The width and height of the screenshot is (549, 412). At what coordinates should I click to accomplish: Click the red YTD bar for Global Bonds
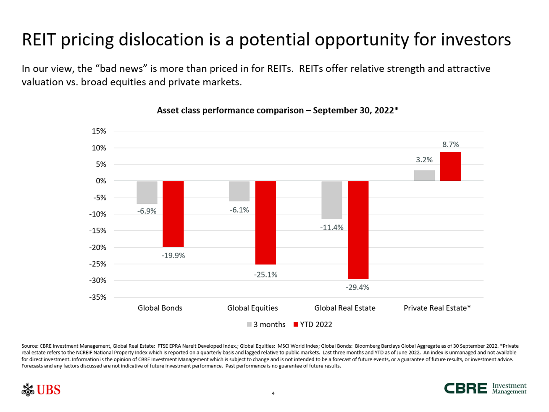click(173, 214)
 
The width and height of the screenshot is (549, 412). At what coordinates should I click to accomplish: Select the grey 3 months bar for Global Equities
click(239, 191)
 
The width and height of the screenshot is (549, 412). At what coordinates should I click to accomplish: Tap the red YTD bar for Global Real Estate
click(358, 230)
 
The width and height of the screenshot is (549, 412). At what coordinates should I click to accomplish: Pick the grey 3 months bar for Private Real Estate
click(424, 176)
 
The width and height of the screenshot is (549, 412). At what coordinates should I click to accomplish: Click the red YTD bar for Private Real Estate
click(450, 166)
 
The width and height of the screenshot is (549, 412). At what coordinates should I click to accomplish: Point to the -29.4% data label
click(357, 288)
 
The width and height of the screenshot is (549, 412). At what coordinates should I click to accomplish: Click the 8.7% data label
click(450, 145)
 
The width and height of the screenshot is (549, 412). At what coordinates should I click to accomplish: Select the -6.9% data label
click(147, 211)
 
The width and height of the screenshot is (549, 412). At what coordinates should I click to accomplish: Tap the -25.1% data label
click(265, 275)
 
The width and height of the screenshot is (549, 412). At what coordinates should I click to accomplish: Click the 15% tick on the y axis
click(99, 131)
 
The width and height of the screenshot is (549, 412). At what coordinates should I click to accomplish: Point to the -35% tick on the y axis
click(97, 297)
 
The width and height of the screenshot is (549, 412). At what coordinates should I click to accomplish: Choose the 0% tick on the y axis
click(101, 181)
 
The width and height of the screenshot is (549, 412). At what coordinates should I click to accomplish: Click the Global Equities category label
click(252, 308)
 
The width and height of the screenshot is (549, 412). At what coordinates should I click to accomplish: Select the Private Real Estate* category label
click(437, 308)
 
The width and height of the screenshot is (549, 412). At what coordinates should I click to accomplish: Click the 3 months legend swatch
click(249, 325)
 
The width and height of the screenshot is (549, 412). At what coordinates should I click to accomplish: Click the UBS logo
click(42, 390)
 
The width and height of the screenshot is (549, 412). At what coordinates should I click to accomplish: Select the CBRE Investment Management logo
click(485, 388)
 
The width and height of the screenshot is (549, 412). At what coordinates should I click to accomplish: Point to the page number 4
click(273, 394)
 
